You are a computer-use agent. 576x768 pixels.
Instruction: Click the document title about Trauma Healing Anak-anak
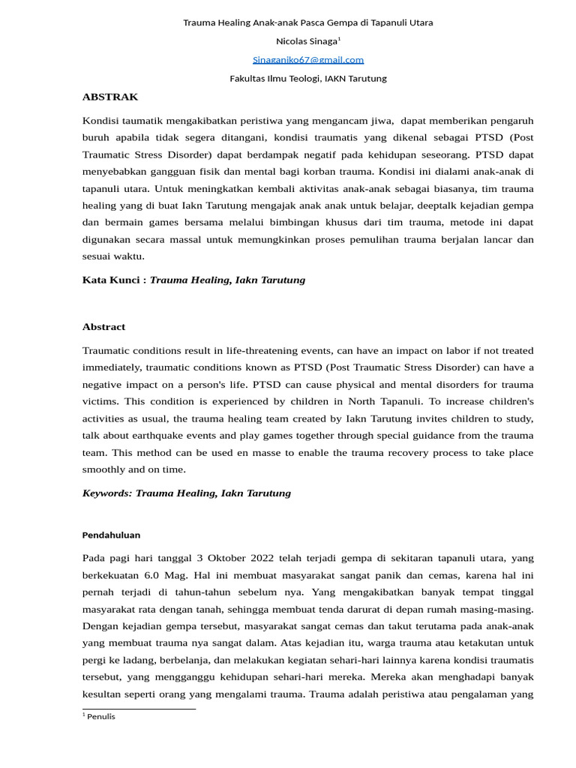308,22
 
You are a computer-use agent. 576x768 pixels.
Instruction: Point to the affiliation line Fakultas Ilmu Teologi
308,78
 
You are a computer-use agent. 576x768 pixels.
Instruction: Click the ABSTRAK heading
109,97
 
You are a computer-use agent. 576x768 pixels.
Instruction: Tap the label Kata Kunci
112,280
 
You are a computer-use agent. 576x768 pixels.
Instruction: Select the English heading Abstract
103,327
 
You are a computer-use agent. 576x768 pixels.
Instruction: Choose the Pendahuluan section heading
110,535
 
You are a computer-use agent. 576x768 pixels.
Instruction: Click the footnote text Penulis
101,716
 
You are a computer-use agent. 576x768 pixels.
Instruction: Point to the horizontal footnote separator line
139,708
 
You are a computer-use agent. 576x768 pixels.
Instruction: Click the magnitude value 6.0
163,575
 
